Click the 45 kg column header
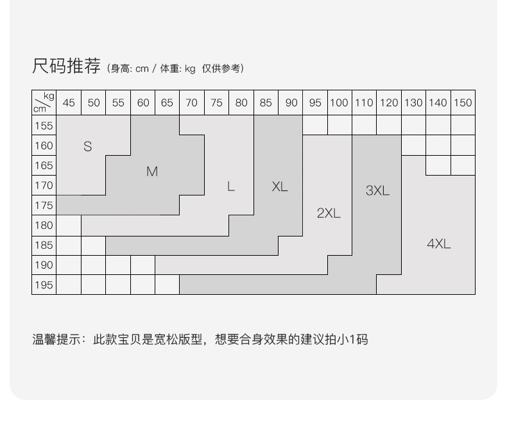coord(69,103)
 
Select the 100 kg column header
coord(339,103)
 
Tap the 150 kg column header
coord(463,103)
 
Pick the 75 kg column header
coord(216,103)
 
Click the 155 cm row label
coord(44,125)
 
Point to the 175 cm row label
coord(44,205)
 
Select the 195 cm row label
coord(44,285)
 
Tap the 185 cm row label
coord(44,245)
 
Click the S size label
coord(88,146)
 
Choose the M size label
coord(152,171)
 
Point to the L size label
coord(230,186)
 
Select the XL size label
coord(280,186)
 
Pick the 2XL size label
coord(329,213)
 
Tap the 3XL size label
coord(377,190)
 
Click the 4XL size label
coord(439,244)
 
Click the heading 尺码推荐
coord(66,66)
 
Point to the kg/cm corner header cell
coord(44,103)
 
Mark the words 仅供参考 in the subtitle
coord(221,69)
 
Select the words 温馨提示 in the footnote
coord(56,340)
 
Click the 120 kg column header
coord(389,103)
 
